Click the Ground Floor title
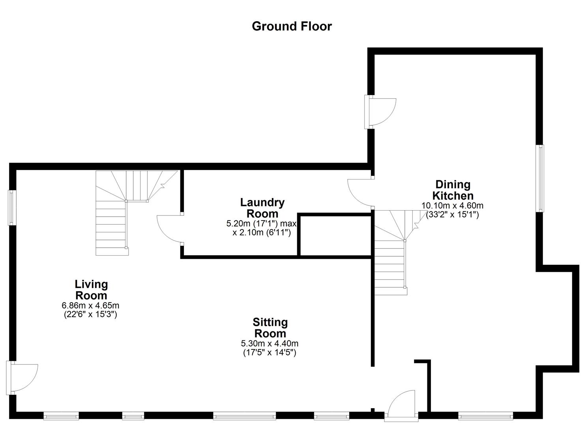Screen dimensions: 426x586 (x=292, y=26)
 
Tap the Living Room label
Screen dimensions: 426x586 (x=91, y=290)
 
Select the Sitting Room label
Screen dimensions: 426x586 (x=270, y=328)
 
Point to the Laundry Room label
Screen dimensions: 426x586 (x=262, y=208)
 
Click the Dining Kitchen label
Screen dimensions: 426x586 (x=453, y=190)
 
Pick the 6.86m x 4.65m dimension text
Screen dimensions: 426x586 (x=90, y=305)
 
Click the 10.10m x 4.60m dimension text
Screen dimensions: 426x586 (x=452, y=206)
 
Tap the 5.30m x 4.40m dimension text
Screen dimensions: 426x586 (x=270, y=344)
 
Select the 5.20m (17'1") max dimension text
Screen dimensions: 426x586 (x=261, y=224)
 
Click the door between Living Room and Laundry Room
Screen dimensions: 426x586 (x=170, y=229)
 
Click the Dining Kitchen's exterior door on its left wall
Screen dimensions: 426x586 (x=381, y=112)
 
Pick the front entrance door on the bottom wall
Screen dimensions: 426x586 (x=402, y=404)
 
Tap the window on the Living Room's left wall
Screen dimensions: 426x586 (x=13, y=207)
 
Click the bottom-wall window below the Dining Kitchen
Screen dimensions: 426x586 (x=485, y=415)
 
